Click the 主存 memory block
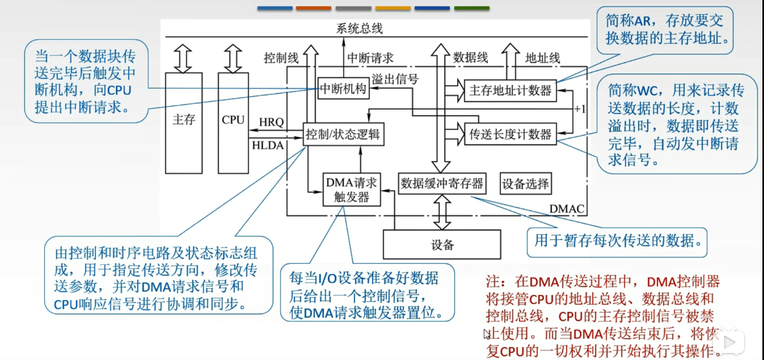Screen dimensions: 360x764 [183, 119]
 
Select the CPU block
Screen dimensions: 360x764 [233, 119]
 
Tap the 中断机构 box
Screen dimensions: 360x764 [343, 89]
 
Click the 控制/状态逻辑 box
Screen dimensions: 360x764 [343, 134]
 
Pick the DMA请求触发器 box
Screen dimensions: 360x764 [352, 189]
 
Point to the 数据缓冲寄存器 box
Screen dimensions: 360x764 [442, 183]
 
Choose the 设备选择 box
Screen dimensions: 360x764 [525, 183]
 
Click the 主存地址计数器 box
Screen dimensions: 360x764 [510, 90]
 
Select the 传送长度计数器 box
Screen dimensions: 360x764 [510, 134]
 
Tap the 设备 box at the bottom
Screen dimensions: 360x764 [442, 244]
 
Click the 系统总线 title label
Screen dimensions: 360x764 [359, 29]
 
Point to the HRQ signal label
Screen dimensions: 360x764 [271, 122]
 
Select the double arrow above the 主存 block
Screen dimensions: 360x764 [183, 59]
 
